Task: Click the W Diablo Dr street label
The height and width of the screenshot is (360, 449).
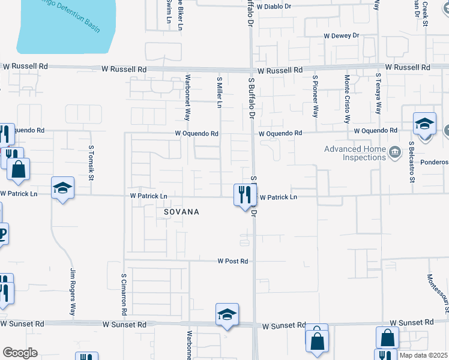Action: click(x=274, y=7)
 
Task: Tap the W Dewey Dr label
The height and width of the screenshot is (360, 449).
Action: click(x=341, y=36)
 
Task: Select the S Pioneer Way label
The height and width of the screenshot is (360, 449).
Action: click(x=315, y=95)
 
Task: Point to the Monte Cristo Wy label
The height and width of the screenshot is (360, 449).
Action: click(x=347, y=95)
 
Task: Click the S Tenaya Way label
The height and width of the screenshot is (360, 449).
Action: click(x=378, y=94)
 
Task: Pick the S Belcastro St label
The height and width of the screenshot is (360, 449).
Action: click(x=412, y=162)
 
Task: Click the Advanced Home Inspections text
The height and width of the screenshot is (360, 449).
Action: click(x=355, y=154)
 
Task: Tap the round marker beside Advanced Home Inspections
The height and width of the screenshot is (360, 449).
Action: click(x=394, y=150)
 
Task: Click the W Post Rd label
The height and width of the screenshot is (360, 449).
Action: click(x=233, y=261)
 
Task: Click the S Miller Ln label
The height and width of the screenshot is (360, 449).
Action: click(x=220, y=92)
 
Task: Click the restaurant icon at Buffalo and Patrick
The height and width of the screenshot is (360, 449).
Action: click(x=244, y=194)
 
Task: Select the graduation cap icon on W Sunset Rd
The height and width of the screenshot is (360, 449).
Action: click(x=228, y=314)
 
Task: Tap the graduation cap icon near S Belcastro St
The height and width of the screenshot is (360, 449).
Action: click(x=424, y=125)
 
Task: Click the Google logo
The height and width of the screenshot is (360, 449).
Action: click(x=20, y=353)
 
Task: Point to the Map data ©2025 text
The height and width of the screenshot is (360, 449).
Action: click(x=423, y=355)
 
